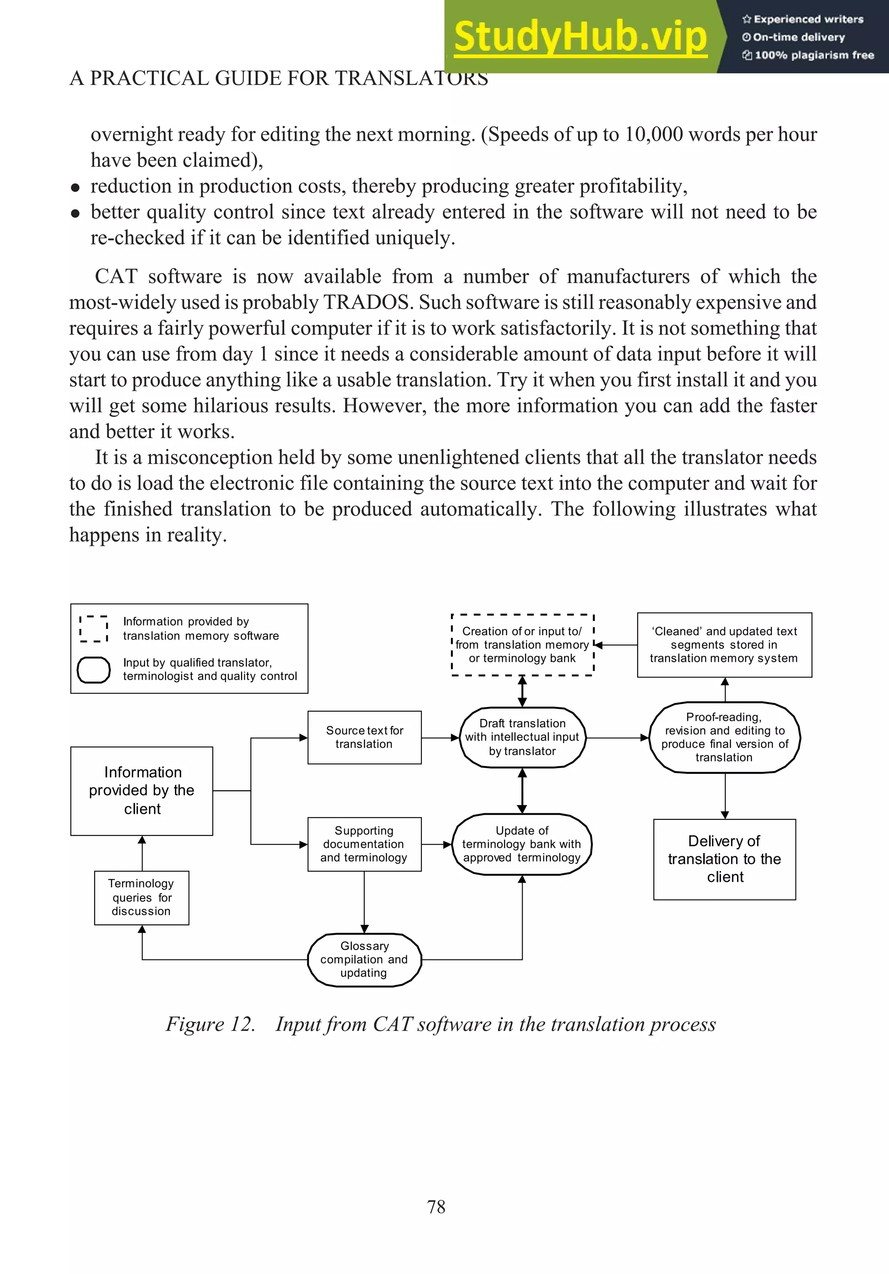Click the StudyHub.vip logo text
click(580, 36)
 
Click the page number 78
click(436, 1206)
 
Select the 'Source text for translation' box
click(364, 737)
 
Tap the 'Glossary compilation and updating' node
click(364, 959)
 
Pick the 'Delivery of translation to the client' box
click(724, 859)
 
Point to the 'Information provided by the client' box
click(142, 791)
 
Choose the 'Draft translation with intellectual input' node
click(522, 737)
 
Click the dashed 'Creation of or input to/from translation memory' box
click(523, 645)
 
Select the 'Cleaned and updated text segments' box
click(724, 645)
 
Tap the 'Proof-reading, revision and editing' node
click(724, 737)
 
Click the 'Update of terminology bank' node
click(522, 844)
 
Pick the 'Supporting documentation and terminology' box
click(364, 844)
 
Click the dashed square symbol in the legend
click(94, 629)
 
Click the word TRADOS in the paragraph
click(366, 302)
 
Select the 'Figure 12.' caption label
click(210, 1024)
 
